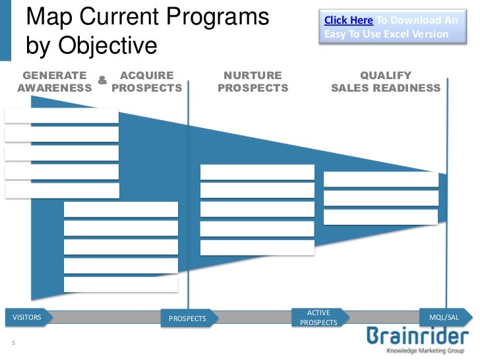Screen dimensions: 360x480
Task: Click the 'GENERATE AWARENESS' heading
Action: point(54,82)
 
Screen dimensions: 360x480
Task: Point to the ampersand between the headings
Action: point(102,80)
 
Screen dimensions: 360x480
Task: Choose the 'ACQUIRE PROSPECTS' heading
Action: point(147,82)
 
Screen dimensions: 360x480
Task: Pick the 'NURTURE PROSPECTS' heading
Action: point(253,82)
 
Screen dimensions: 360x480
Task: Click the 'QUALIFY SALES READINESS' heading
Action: point(386,82)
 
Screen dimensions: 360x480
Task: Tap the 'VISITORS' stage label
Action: point(27,317)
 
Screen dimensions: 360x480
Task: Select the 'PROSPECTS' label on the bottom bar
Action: point(187,318)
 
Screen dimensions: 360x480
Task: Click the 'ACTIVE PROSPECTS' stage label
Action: point(318,317)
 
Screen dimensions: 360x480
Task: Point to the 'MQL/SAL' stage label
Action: point(444,317)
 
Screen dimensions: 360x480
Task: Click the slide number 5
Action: point(13,343)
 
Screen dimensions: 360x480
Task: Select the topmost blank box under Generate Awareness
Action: point(61,116)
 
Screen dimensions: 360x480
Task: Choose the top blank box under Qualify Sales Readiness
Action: point(380,179)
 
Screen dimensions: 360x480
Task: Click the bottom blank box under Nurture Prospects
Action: point(257,247)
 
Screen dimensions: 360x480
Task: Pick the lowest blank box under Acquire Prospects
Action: point(121,284)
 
